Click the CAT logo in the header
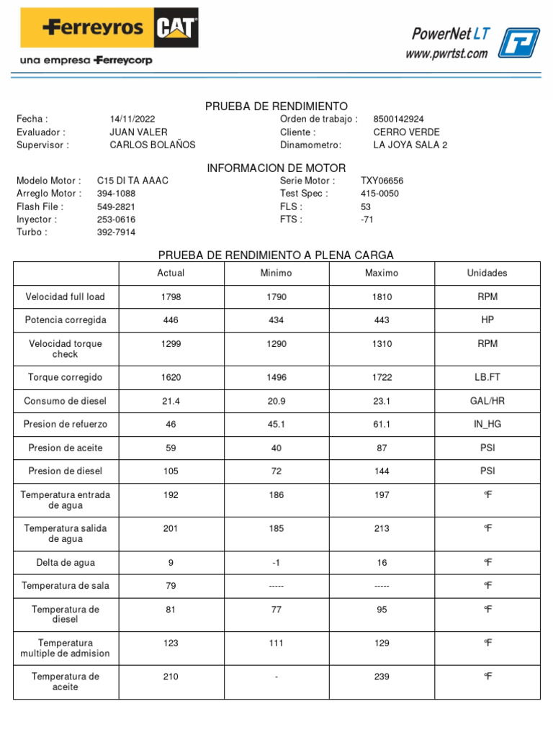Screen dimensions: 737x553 [x=176, y=28]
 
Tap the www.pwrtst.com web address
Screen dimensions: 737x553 [x=446, y=53]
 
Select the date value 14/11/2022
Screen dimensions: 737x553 [x=132, y=119]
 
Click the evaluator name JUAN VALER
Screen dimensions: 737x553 [x=138, y=132]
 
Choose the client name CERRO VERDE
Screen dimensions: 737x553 [x=406, y=132]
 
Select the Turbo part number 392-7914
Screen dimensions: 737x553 [x=116, y=232]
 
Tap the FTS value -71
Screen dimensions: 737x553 [x=367, y=220]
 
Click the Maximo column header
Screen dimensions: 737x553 [x=382, y=273]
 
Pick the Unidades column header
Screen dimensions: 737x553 [x=487, y=273]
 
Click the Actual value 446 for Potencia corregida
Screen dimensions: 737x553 [x=171, y=320]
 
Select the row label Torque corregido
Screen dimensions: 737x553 [x=66, y=377]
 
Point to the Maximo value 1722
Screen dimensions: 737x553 [x=382, y=377]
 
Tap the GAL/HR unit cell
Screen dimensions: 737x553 [x=487, y=401]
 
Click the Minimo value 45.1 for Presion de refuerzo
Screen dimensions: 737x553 [x=276, y=425]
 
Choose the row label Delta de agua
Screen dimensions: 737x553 [x=66, y=563]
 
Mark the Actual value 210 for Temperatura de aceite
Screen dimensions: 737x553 [x=171, y=677]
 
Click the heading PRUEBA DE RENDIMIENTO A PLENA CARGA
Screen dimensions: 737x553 [x=276, y=256]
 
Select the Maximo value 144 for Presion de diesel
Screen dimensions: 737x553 [x=382, y=471]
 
